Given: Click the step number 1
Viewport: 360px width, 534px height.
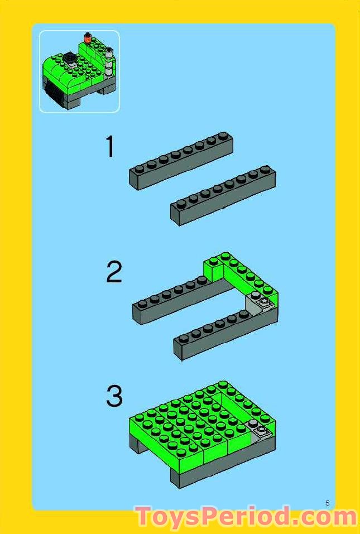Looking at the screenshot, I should pyautogui.click(x=111, y=147).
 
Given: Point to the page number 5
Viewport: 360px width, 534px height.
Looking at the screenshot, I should pyautogui.click(x=328, y=503).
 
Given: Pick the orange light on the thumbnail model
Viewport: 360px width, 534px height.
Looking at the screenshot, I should pyautogui.click(x=87, y=38).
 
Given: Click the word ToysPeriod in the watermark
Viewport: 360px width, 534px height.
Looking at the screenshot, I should pyautogui.click(x=212, y=516).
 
